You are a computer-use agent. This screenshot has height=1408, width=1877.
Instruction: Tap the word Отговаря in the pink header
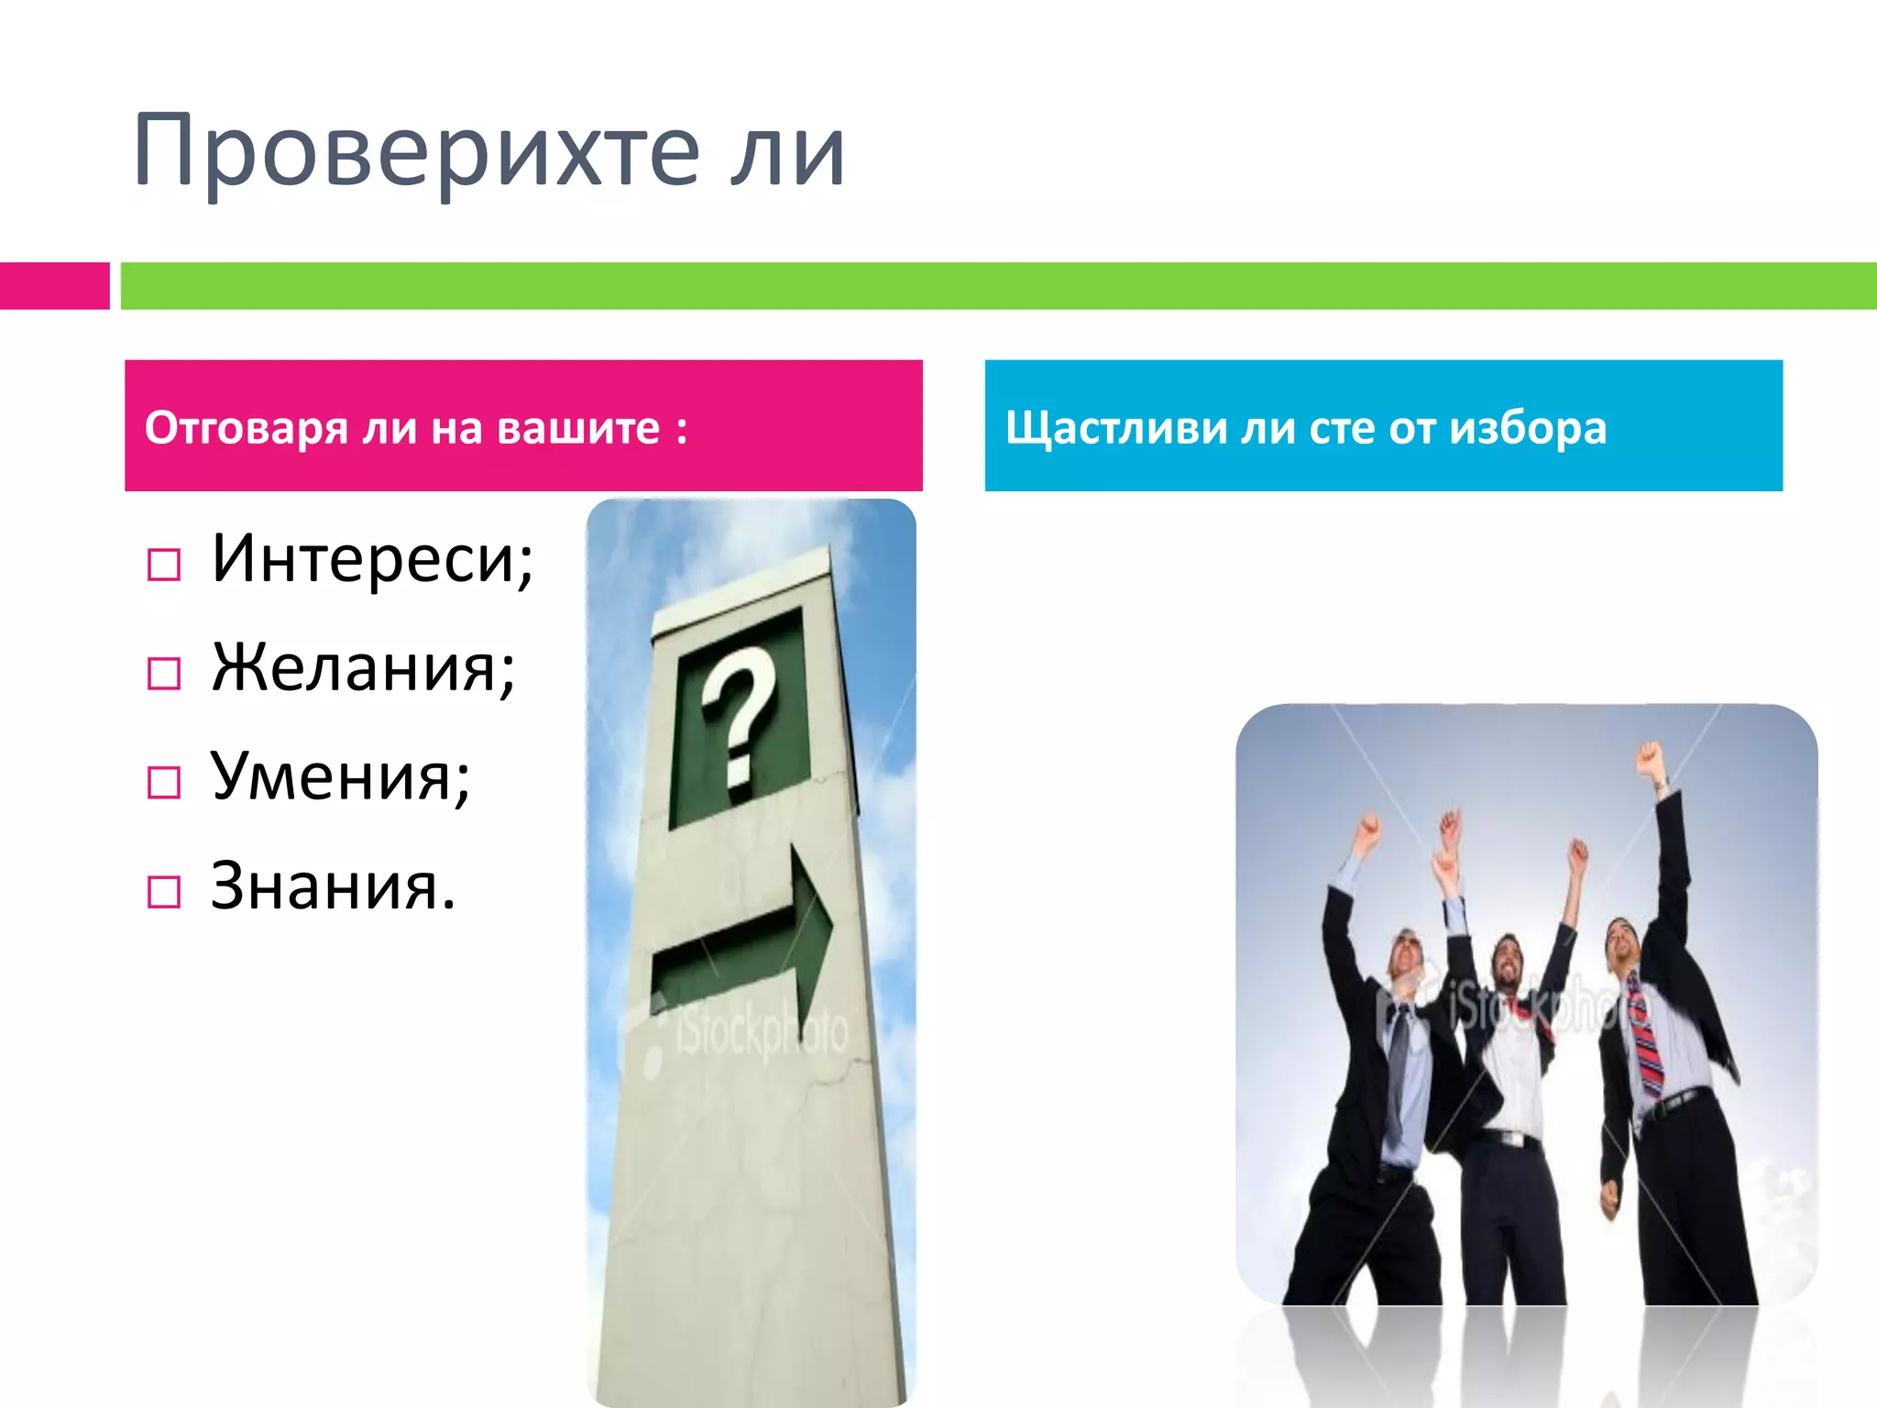(247, 428)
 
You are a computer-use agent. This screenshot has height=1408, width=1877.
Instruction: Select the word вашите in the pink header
(578, 428)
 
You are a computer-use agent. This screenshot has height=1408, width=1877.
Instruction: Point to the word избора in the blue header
(1528, 428)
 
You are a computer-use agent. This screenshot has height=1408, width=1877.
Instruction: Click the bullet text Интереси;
(372, 558)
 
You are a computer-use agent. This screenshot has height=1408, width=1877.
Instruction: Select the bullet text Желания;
(363, 667)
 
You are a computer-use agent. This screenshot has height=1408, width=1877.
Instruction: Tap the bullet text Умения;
(340, 777)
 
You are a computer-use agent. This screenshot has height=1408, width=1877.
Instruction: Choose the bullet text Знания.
(333, 886)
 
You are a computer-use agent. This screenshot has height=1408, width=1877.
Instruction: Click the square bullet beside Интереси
(164, 565)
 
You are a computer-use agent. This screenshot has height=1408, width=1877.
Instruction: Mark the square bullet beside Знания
(164, 891)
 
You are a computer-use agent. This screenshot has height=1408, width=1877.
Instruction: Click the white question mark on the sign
(739, 715)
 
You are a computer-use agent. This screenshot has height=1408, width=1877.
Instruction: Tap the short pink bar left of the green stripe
(54, 286)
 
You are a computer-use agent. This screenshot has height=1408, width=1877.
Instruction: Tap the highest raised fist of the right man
(1649, 759)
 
